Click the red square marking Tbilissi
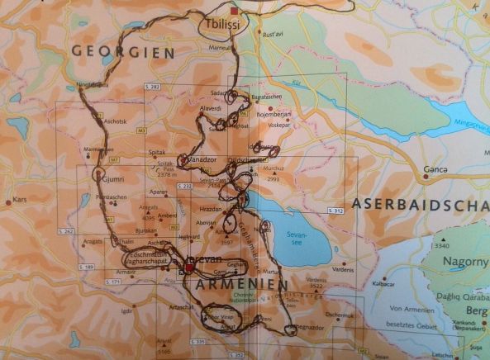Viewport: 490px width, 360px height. (235, 12)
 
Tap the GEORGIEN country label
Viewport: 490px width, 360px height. (123, 51)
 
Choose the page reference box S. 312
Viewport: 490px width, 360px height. (334, 211)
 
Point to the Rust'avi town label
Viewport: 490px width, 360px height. (274, 34)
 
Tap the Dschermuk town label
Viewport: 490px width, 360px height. (340, 314)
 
